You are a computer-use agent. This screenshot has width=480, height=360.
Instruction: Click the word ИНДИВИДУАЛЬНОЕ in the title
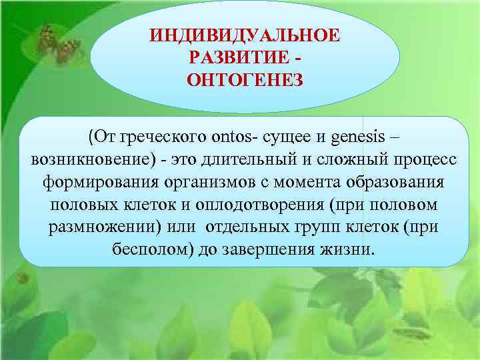[x=245, y=34]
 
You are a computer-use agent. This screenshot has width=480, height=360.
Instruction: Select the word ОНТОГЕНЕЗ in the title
[x=245, y=80]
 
